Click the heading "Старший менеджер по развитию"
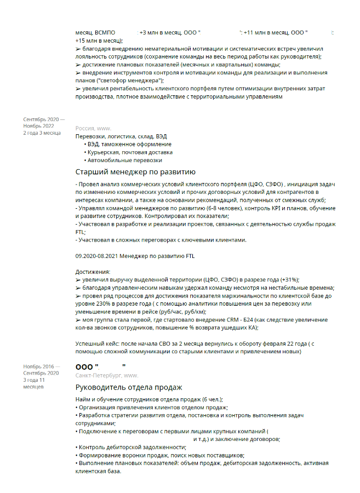click(135, 171)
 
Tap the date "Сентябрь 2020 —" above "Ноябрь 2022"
click(44, 119)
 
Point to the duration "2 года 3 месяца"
click(42, 132)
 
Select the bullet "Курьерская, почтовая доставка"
click(130, 152)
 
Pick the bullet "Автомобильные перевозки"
click(124, 160)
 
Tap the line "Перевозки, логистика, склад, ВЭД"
click(121, 136)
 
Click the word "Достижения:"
click(93, 272)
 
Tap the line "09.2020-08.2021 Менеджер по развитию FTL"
click(135, 256)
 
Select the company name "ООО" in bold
click(85, 366)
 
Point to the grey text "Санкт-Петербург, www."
click(107, 376)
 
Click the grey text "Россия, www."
click(93, 128)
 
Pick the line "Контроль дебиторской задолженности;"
click(125, 447)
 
